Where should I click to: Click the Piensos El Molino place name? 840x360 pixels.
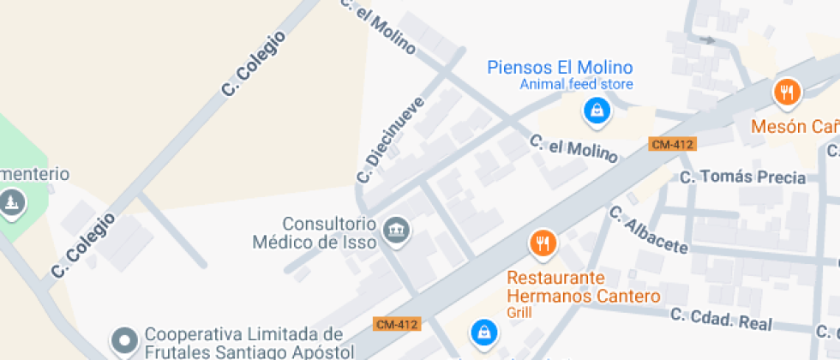pos(560,67)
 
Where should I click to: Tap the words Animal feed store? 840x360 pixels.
pos(576,84)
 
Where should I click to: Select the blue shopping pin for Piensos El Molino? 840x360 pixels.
pos(597,110)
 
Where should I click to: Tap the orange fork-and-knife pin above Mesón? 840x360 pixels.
pos(786,92)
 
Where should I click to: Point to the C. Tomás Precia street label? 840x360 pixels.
pos(742,177)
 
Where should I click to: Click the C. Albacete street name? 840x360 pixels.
pos(649,230)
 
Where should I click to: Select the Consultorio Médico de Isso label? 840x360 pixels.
pos(316,232)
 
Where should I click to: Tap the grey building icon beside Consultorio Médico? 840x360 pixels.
pos(396,229)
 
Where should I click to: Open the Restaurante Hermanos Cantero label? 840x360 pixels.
pos(584,287)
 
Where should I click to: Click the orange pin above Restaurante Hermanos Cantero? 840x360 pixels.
pos(543,244)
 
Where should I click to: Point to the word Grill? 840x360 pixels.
pos(519,312)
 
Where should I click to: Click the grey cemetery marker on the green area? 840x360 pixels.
pos(11,203)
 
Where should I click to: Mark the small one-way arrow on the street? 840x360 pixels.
pos(707,39)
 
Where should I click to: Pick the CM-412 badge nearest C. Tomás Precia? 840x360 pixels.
pos(671,144)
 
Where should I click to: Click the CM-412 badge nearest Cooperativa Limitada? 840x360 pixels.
pos(396,324)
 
